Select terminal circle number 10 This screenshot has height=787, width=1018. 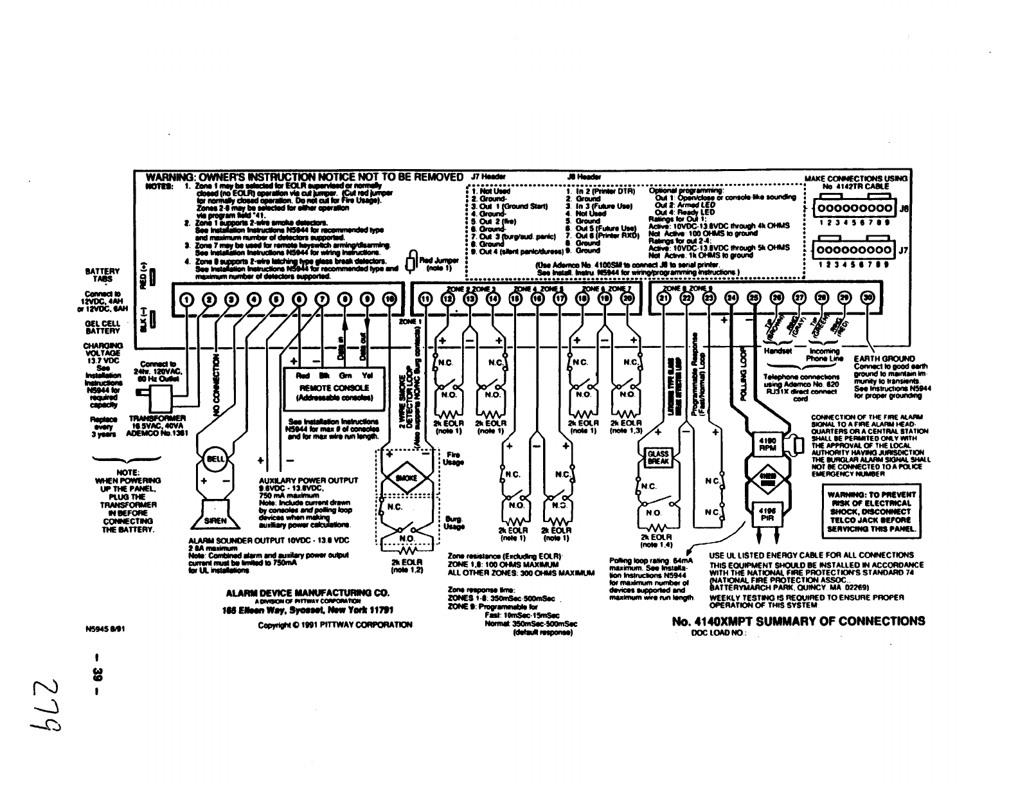pyautogui.click(x=389, y=298)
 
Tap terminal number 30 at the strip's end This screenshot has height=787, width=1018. pyautogui.click(x=868, y=298)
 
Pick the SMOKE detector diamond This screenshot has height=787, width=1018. pyautogui.click(x=406, y=478)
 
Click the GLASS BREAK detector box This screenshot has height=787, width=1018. pyautogui.click(x=657, y=458)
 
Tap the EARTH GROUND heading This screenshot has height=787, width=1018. pyautogui.click(x=884, y=359)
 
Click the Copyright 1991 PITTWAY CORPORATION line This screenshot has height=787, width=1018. pyautogui.click(x=335, y=624)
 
